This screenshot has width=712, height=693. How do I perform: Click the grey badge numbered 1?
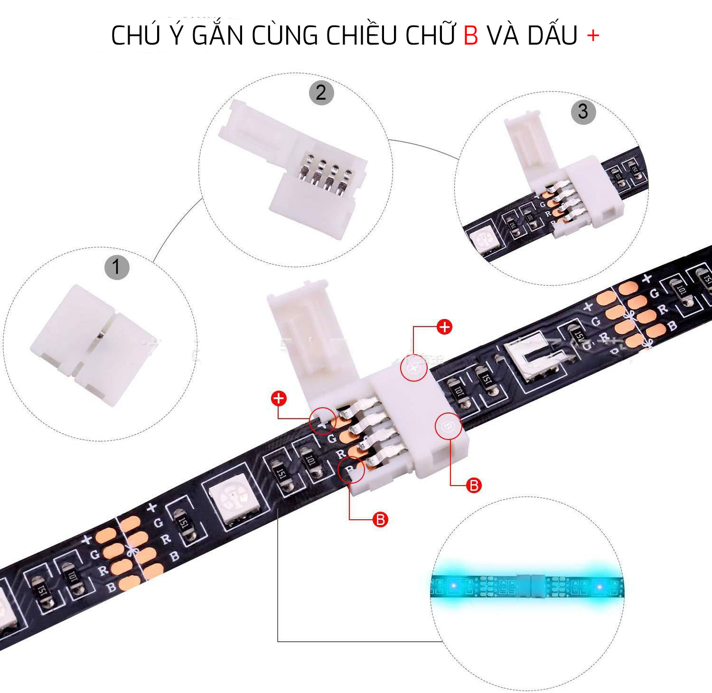tap(117, 267)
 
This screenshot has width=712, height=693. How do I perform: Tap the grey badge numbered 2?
tap(321, 93)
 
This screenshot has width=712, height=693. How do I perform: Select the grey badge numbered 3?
tap(583, 112)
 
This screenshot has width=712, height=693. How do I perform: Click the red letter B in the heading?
tap(470, 36)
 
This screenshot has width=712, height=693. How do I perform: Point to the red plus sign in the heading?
tap(593, 36)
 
